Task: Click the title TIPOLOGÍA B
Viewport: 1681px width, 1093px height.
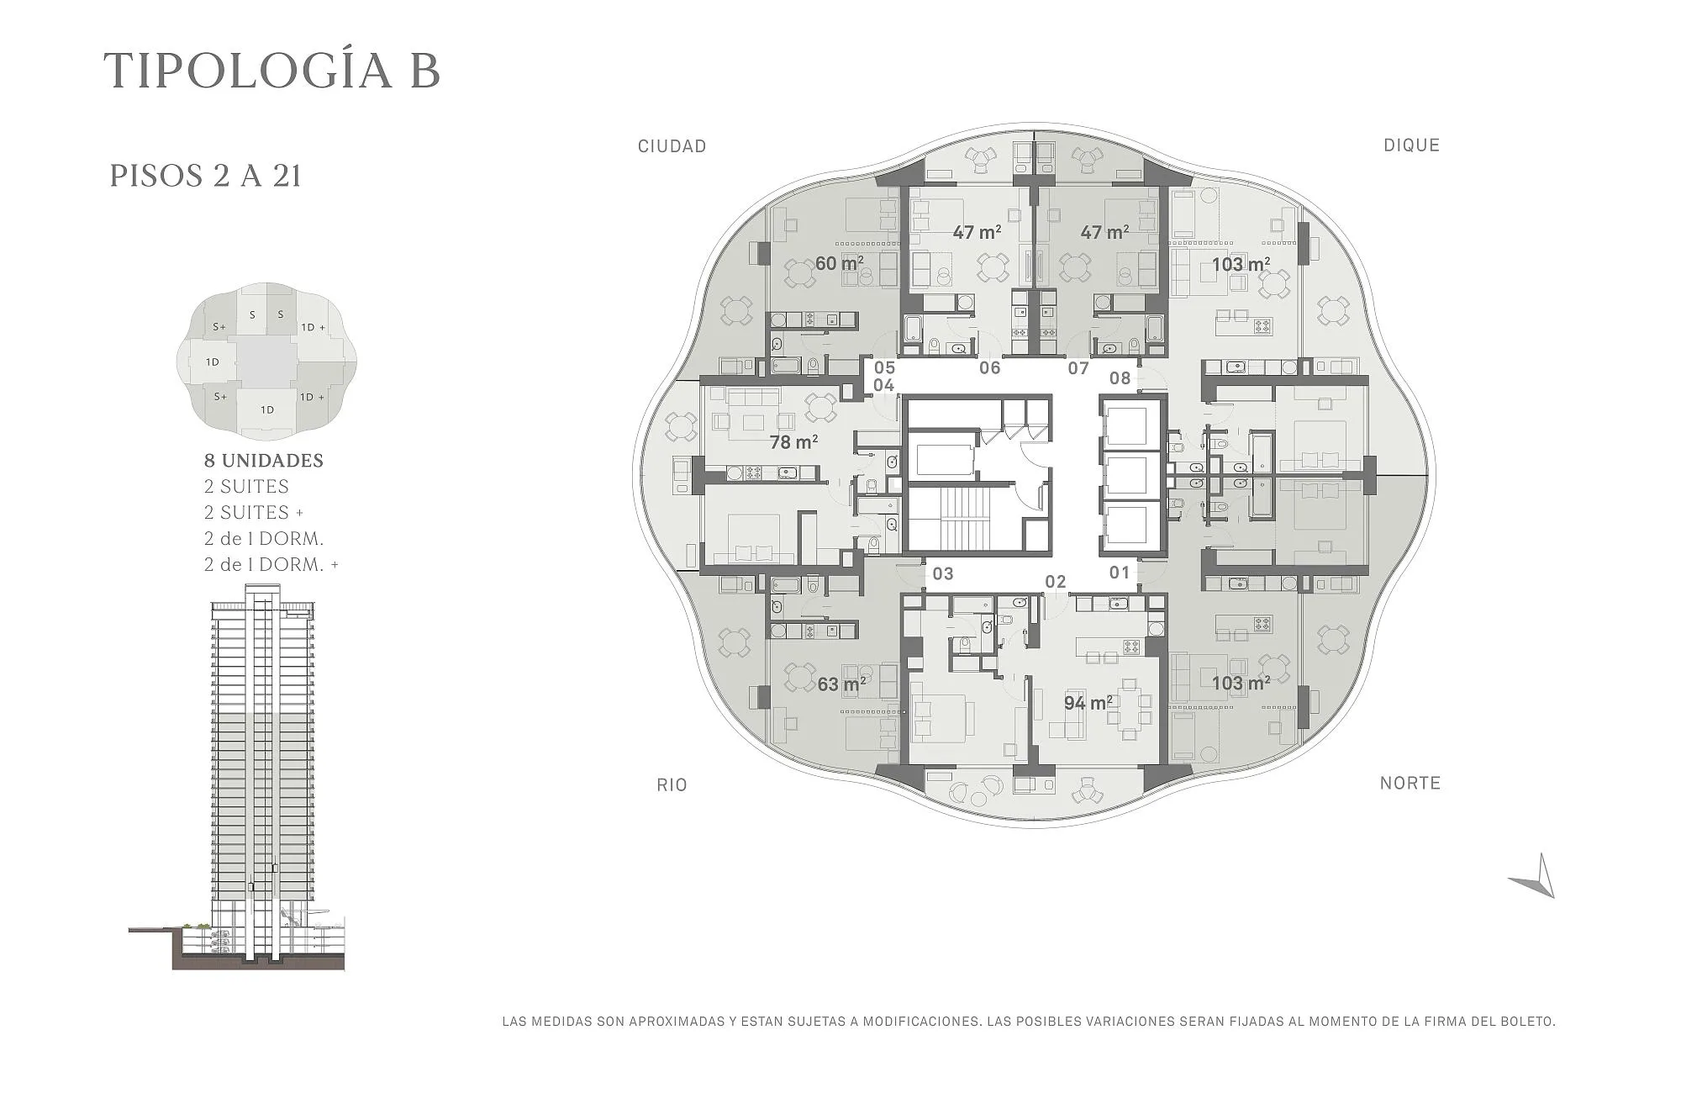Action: click(x=271, y=70)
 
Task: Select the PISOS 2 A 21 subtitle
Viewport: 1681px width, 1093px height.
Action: click(x=205, y=176)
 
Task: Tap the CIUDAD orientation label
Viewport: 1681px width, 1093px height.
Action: click(x=672, y=146)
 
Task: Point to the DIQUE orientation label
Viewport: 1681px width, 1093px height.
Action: click(x=1412, y=145)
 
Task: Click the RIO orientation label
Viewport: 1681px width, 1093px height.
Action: click(x=672, y=785)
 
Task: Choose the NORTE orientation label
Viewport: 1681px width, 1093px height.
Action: click(x=1410, y=784)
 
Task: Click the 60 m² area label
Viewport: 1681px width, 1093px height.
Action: click(x=839, y=263)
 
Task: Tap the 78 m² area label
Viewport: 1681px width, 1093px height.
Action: click(x=794, y=441)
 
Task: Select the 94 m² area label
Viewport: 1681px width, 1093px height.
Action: click(x=1088, y=703)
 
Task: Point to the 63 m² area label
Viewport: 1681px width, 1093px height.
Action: click(x=842, y=684)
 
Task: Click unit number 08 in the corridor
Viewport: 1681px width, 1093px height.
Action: click(x=1120, y=378)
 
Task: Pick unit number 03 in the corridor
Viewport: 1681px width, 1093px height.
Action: click(x=943, y=574)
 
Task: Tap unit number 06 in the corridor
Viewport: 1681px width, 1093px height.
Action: click(x=990, y=367)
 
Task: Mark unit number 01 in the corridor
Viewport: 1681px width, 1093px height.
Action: click(x=1120, y=573)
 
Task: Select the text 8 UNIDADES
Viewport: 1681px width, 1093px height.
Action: click(x=264, y=461)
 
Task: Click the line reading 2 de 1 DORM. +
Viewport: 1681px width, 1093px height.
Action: click(x=271, y=565)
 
